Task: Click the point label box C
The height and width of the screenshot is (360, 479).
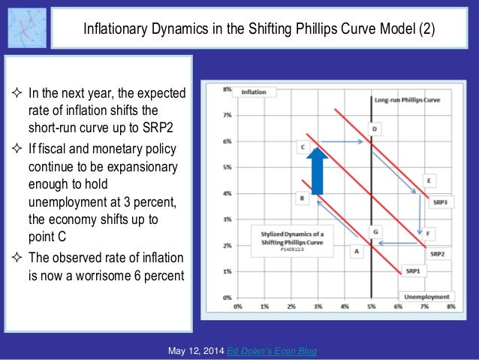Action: click(302, 147)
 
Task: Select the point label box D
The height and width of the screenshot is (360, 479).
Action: click(375, 129)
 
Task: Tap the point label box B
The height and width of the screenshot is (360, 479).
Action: click(300, 198)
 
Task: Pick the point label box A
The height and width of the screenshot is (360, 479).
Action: click(357, 251)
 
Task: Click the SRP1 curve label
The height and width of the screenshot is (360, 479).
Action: click(413, 270)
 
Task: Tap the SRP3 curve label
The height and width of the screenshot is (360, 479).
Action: click(439, 202)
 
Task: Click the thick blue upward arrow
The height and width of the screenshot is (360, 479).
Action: click(317, 171)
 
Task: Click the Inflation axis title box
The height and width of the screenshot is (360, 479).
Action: click(254, 92)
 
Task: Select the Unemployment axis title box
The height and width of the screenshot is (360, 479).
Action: click(424, 297)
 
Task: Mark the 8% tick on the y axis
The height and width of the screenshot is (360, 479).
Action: click(227, 89)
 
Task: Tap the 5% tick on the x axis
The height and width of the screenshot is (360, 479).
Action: click(372, 307)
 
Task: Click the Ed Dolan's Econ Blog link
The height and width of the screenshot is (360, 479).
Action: click(283, 351)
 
